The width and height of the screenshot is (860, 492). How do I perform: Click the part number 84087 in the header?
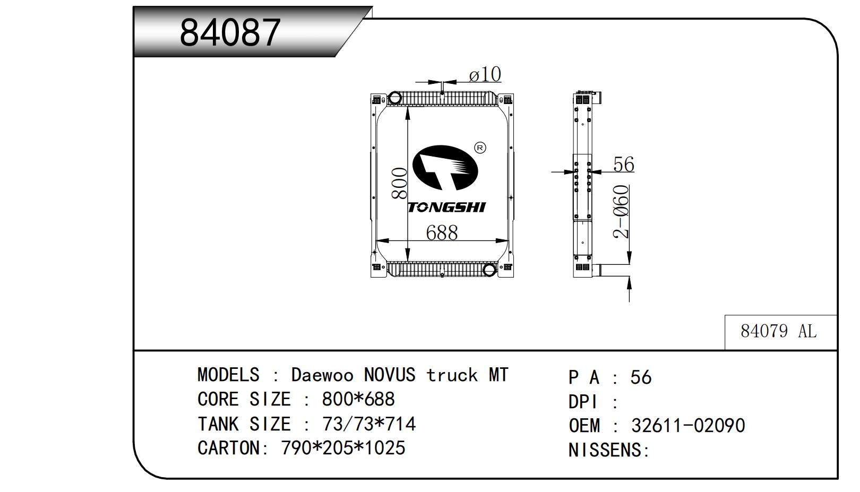230,33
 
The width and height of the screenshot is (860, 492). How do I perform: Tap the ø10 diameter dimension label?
485,74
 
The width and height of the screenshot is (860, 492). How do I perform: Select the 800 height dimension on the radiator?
399,183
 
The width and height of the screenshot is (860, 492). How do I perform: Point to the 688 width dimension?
442,232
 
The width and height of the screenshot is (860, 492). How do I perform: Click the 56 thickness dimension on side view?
623,164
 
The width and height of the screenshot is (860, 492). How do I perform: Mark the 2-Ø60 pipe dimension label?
621,211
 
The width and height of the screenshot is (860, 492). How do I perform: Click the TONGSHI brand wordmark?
446,208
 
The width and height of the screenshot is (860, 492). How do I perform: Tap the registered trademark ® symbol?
480,148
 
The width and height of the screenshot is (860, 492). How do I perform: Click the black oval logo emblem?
445,168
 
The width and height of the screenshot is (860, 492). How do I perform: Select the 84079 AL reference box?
780,332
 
